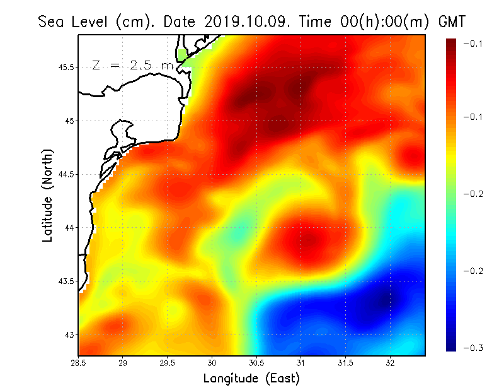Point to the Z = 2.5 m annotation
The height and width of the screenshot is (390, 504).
pyautogui.click(x=132, y=66)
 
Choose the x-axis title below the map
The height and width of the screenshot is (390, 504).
pyautogui.click(x=251, y=378)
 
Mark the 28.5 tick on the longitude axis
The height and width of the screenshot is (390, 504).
pyautogui.click(x=79, y=363)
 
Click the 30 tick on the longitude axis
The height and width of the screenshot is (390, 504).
pyautogui.click(x=212, y=363)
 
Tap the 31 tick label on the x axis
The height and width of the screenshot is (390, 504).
pyautogui.click(x=301, y=363)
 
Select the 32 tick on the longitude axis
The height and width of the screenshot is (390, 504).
pyautogui.click(x=390, y=363)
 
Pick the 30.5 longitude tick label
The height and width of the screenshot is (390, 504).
pyautogui.click(x=256, y=363)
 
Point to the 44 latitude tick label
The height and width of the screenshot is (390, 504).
pyautogui.click(x=69, y=227)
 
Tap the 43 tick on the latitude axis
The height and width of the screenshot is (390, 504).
pyautogui.click(x=69, y=334)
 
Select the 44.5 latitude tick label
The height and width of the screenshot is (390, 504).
pyautogui.click(x=66, y=174)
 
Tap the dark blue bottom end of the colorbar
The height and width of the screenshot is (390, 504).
pyautogui.click(x=452, y=346)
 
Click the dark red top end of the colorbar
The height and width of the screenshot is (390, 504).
pyautogui.click(x=452, y=42)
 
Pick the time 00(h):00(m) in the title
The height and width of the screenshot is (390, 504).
pyautogui.click(x=362, y=21)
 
